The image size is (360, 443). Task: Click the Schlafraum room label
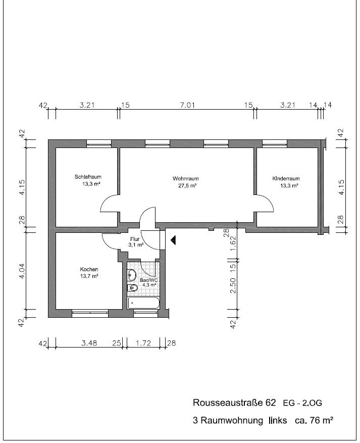[x=88, y=177]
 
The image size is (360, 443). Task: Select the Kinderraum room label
[x=286, y=178]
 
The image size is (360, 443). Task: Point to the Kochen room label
[x=89, y=269]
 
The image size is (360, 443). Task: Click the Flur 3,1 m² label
[x=135, y=242]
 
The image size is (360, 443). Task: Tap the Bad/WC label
[x=149, y=280]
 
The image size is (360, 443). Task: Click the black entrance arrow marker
[x=173, y=240]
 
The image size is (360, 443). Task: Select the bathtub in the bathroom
[x=144, y=303]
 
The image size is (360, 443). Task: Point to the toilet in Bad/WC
[x=132, y=288]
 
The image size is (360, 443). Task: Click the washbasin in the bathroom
[x=132, y=275]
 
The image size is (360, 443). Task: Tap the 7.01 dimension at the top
[x=187, y=106]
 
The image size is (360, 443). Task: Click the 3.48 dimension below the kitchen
[x=89, y=343]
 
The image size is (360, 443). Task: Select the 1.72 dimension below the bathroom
[x=143, y=343]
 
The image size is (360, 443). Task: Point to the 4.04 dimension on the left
[x=22, y=271]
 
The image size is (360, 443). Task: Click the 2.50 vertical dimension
[x=233, y=285]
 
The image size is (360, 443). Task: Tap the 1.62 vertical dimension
[x=233, y=243]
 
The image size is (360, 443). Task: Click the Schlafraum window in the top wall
[x=99, y=143]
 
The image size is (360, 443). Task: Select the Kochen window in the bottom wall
[x=90, y=314]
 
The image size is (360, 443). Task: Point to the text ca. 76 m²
[x=314, y=420]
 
